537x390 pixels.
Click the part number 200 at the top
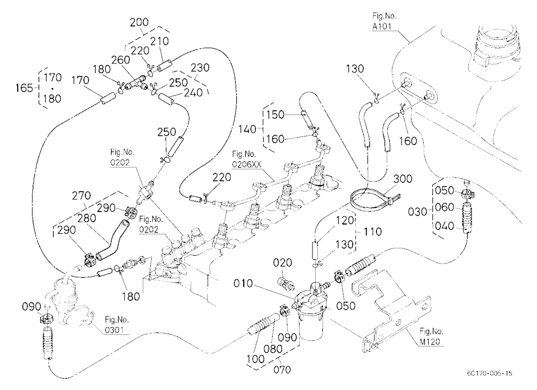[139, 22]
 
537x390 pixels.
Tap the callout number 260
[120, 60]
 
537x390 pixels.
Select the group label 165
[24, 88]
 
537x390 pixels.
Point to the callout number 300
[402, 179]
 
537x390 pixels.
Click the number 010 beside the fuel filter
[243, 284]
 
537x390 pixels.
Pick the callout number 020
[282, 263]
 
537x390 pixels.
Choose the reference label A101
[382, 26]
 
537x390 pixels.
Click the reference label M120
[430, 342]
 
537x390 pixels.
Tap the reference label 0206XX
[246, 164]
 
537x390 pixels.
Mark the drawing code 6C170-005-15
[489, 373]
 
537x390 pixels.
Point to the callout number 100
[256, 359]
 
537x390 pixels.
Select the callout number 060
[444, 207]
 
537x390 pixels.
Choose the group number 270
[81, 196]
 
